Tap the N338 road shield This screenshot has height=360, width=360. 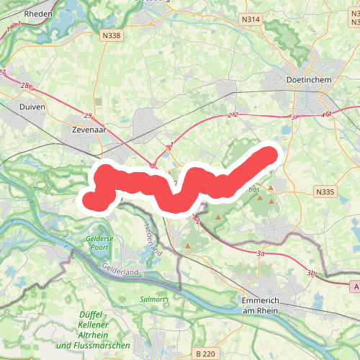[x=112, y=35]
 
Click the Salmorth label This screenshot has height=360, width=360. [x=154, y=299]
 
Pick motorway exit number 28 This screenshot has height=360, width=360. [x=24, y=86]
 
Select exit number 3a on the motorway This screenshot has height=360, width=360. [x=261, y=253]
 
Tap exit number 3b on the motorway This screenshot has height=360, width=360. [x=311, y=273]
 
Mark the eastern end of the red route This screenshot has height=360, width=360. [x=269, y=154]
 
